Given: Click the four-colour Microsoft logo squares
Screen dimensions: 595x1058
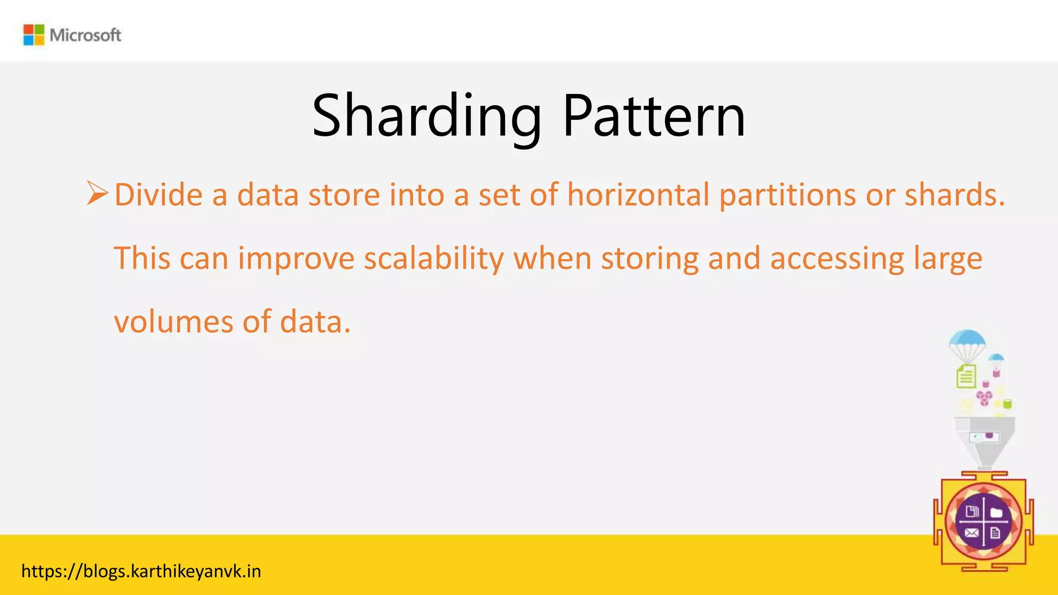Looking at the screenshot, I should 34,35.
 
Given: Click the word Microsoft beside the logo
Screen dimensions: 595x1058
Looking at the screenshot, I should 86,35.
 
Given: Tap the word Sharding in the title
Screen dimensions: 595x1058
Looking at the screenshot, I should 427,116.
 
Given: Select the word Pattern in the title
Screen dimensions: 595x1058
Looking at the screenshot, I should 654,116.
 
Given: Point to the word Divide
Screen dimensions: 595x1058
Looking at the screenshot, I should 159,195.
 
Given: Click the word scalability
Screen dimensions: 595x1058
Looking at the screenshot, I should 434,258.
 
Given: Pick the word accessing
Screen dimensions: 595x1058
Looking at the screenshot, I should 837,258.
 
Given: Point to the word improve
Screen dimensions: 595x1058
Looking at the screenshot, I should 296,258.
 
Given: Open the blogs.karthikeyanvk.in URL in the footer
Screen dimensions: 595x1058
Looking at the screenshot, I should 141,571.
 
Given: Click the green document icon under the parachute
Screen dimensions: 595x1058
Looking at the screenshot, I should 966,376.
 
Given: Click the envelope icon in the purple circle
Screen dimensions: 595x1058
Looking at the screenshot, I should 972,533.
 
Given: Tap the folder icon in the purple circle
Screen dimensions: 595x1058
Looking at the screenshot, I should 997,513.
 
